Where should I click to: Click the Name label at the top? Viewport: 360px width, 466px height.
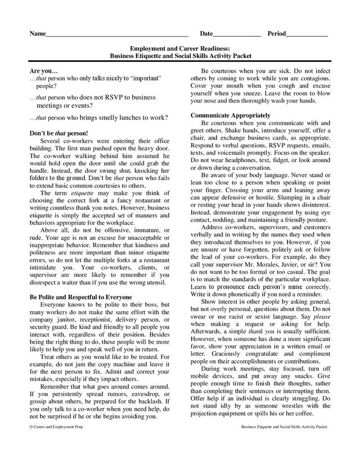(37, 34)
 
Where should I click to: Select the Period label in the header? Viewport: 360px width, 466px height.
(276, 34)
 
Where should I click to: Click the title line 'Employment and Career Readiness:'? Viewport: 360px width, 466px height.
(180, 50)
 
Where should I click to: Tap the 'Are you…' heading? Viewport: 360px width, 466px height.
(43, 72)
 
